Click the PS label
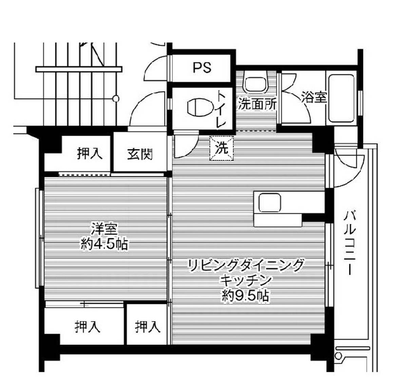click(x=202, y=68)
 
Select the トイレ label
click(x=221, y=109)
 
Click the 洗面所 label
click(x=257, y=104)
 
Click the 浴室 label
click(x=314, y=98)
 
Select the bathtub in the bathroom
click(x=341, y=98)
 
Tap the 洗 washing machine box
click(x=222, y=148)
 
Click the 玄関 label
click(x=140, y=154)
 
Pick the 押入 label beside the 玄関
click(x=90, y=154)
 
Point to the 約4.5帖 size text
click(x=104, y=244)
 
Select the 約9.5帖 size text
click(x=245, y=297)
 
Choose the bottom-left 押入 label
click(x=88, y=327)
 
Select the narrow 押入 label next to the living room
click(x=147, y=327)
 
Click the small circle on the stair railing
click(x=116, y=99)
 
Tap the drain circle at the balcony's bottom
click(x=338, y=356)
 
